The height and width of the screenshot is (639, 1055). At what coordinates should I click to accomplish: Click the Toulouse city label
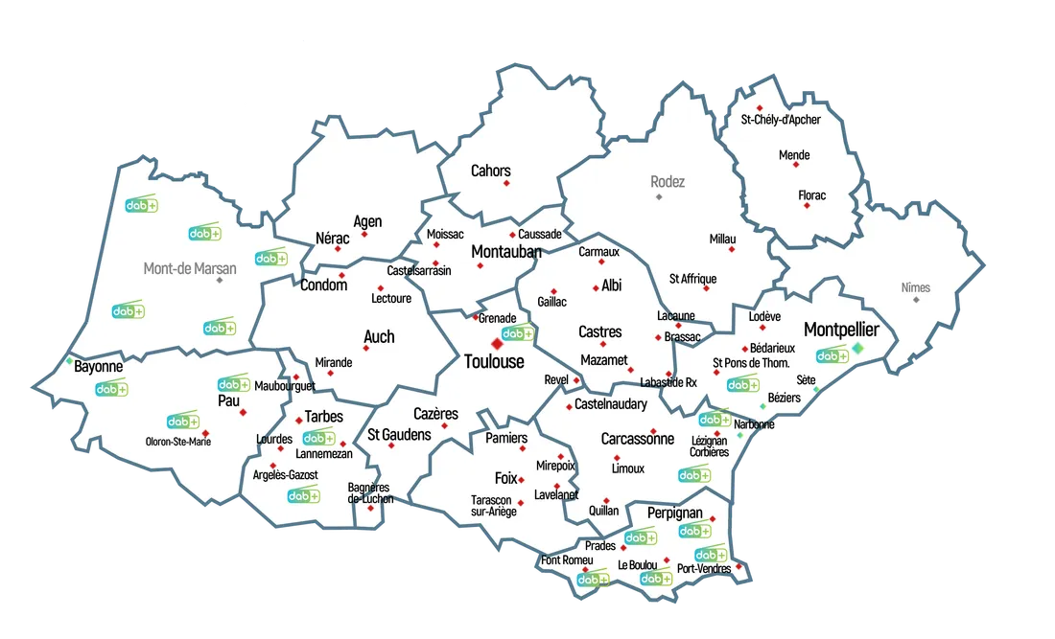point(494,361)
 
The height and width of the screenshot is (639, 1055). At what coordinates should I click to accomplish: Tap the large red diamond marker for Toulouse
point(497,343)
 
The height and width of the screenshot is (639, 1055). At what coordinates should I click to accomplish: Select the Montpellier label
point(841,330)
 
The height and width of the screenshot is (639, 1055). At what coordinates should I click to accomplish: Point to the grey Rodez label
point(668,181)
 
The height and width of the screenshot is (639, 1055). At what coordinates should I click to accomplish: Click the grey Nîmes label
point(916,287)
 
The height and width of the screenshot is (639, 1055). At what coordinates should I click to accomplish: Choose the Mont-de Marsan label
point(190,268)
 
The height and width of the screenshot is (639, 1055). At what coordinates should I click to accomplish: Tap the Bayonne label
point(99,366)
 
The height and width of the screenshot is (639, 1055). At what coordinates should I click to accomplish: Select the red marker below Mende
point(795,165)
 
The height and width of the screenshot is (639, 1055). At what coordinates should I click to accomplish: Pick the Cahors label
point(490,171)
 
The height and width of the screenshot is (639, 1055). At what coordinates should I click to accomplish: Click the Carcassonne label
point(637,439)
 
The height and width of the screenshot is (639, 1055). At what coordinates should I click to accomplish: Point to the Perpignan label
point(675,513)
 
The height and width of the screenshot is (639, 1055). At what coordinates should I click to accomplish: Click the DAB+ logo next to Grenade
point(518,333)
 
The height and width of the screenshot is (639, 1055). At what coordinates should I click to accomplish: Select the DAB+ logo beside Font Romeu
point(593,580)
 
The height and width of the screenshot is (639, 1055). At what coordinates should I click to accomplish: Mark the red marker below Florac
point(807,205)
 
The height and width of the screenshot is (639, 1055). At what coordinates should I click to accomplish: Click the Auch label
point(379,336)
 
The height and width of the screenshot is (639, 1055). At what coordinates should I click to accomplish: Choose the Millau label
point(722,239)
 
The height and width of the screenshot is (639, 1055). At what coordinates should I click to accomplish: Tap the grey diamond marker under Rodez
point(659,196)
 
